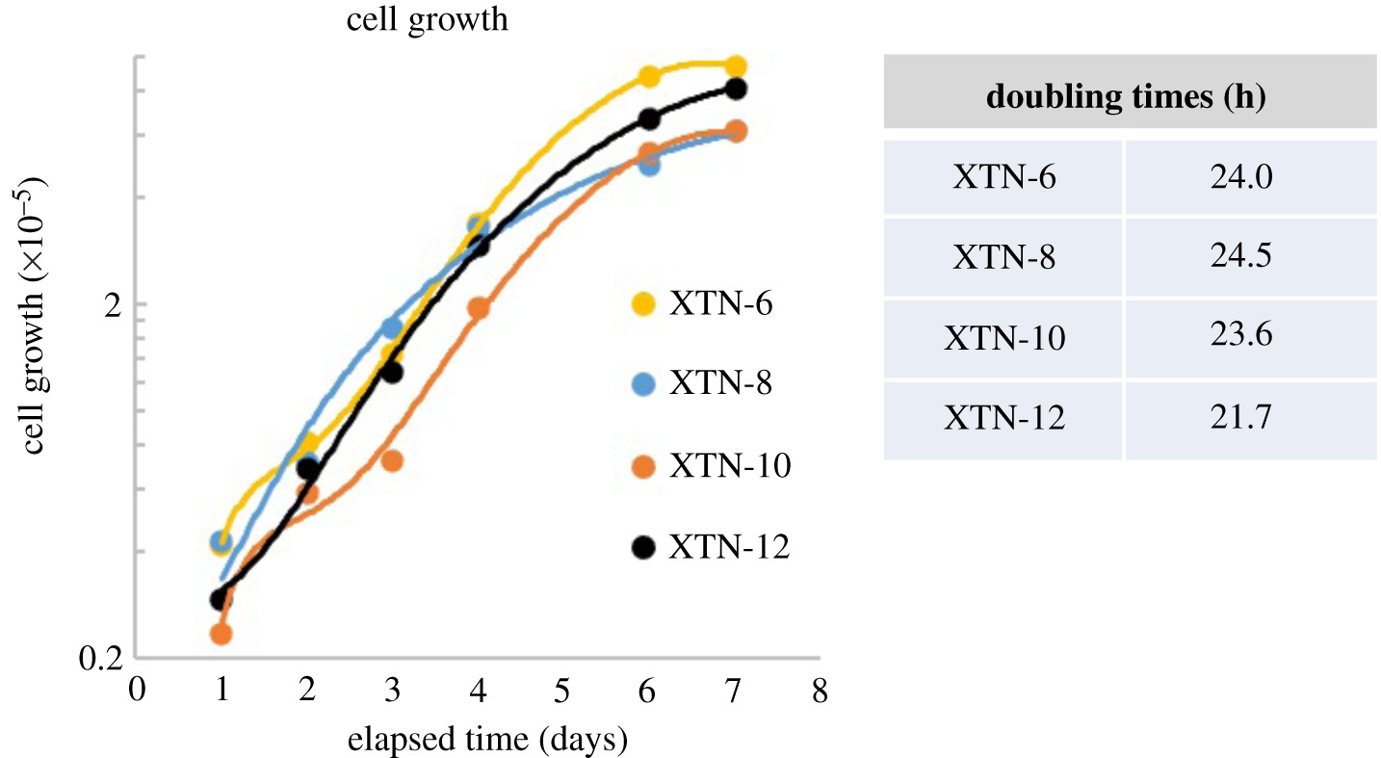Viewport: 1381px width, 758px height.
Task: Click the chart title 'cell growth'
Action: [428, 19]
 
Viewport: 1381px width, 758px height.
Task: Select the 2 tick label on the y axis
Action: [113, 304]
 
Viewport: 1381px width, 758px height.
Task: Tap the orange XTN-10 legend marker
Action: [643, 467]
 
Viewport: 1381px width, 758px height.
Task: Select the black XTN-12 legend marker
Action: [643, 548]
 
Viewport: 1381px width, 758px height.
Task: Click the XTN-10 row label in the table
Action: [1004, 339]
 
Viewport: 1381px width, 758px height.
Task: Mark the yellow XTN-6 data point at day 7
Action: [736, 66]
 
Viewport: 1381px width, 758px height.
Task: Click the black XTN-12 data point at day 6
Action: [649, 118]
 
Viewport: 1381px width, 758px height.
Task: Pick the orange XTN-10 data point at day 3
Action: [392, 460]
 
